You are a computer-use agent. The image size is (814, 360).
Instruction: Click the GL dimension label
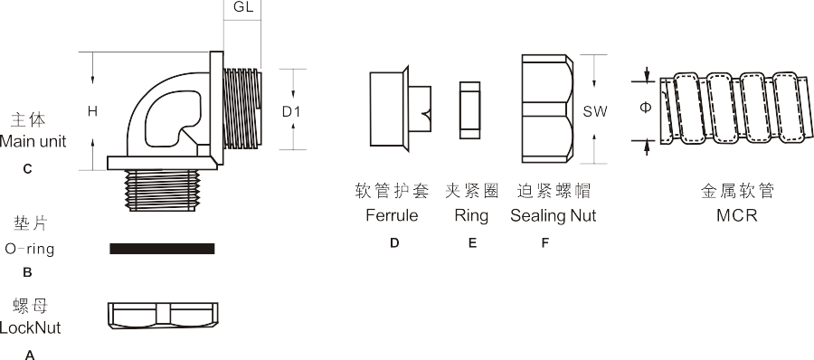[x=242, y=8]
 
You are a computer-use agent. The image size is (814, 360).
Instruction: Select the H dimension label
[x=92, y=111]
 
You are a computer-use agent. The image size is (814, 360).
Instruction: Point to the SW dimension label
[x=594, y=111]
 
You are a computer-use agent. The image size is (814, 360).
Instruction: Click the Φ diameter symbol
[x=645, y=107]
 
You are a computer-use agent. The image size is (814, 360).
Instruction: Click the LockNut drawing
[x=162, y=313]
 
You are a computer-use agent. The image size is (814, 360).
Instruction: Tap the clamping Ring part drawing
[x=469, y=110]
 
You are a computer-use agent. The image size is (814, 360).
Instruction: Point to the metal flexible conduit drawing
[x=733, y=107]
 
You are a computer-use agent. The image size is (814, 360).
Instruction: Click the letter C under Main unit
[x=27, y=168]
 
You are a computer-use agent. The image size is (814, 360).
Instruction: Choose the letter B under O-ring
[x=27, y=270]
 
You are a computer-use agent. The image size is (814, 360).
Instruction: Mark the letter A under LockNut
[x=29, y=355]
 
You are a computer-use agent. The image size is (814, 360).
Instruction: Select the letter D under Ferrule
[x=394, y=242]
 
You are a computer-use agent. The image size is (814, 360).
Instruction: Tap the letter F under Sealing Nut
[x=544, y=242]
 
